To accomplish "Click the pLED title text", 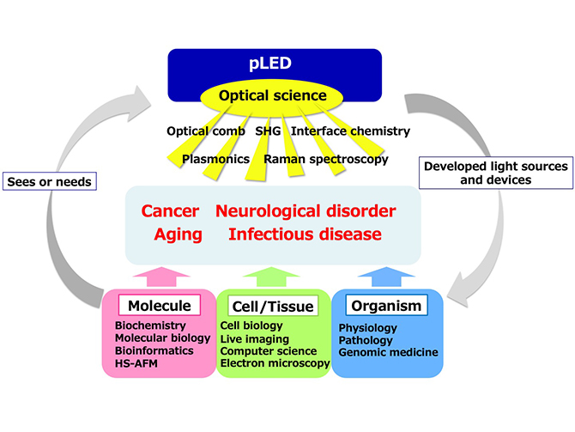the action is (270, 64).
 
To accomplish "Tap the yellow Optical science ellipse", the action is (272, 96).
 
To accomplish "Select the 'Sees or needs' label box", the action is (50, 181).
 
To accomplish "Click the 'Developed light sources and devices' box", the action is (496, 173).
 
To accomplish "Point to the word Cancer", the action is (170, 211).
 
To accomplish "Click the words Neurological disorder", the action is (306, 211).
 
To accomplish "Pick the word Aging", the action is (179, 234).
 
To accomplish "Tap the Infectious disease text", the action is (305, 234).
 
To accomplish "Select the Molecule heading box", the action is (160, 306).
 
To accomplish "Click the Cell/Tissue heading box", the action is (273, 306).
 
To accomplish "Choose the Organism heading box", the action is (386, 306).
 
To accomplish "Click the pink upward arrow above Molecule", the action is (161, 277).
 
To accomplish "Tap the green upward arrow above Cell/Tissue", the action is (271, 277).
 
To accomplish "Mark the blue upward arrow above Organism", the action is (386, 277).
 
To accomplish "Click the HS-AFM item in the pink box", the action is (136, 363).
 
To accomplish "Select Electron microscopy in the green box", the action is (275, 363).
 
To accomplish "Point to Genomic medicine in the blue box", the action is (389, 352).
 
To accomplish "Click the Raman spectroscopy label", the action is (326, 159).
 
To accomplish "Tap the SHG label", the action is (268, 131).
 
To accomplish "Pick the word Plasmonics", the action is (216, 159).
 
